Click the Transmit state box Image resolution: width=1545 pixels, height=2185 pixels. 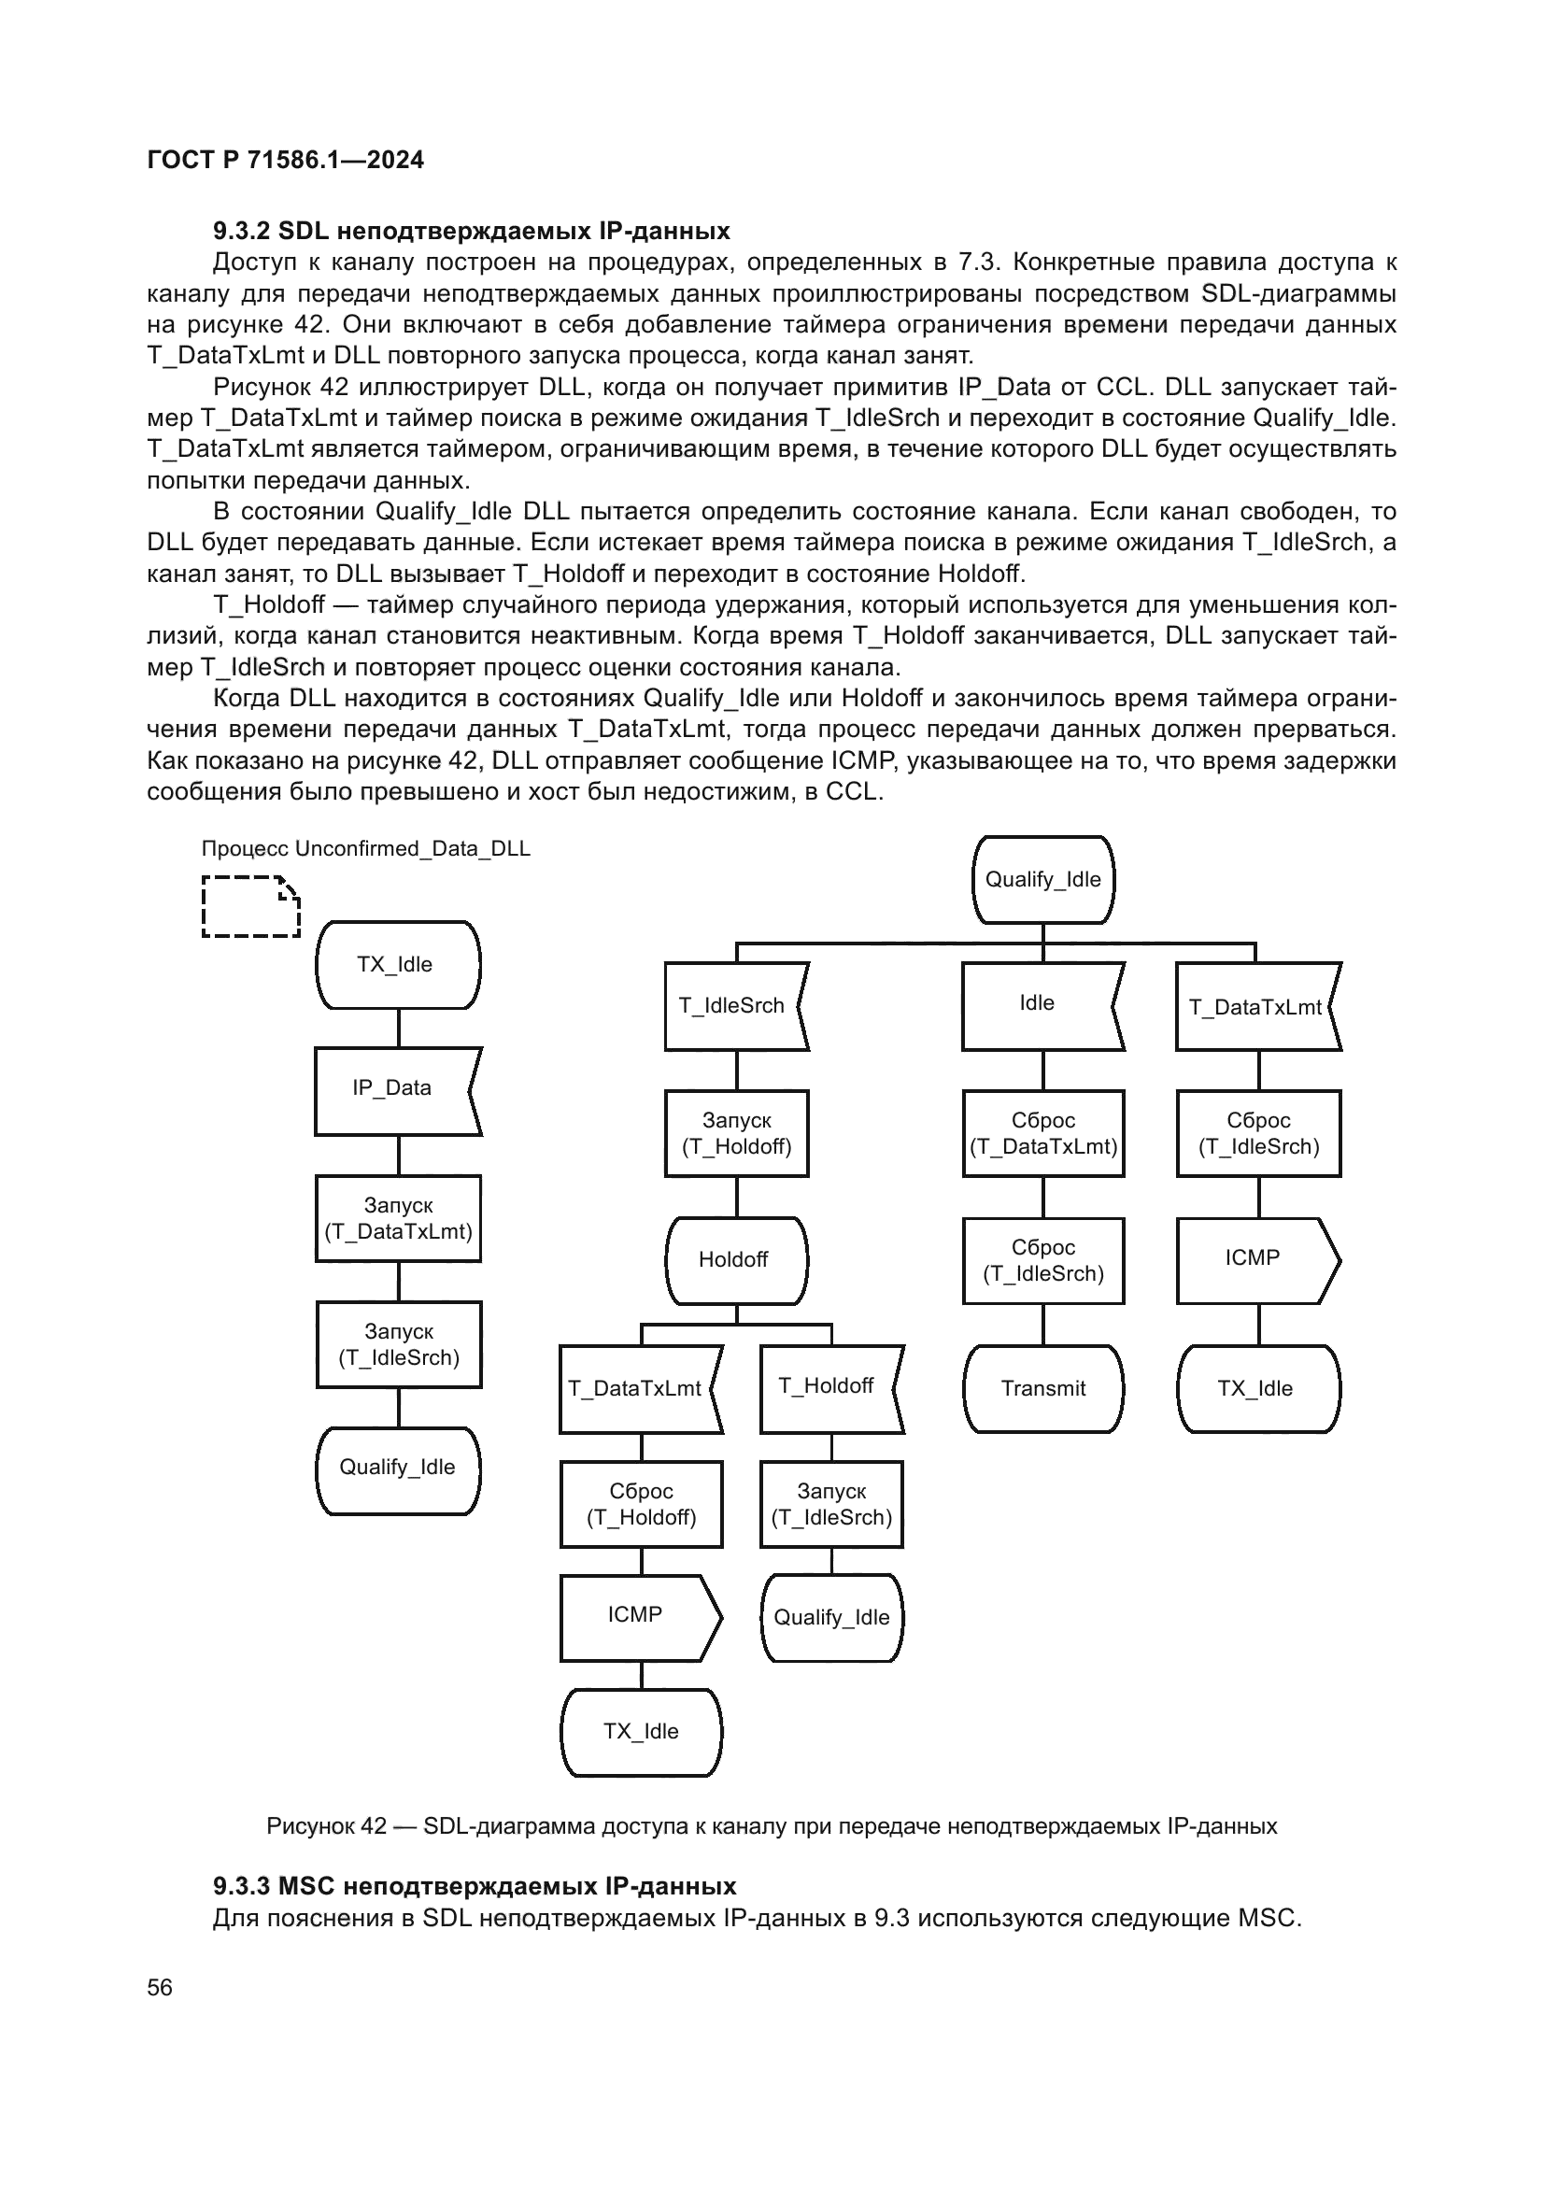1042,1387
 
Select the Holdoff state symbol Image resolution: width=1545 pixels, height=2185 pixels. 735,1260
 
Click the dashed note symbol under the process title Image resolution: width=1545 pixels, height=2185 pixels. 250,906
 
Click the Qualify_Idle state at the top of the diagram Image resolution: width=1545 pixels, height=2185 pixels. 1042,879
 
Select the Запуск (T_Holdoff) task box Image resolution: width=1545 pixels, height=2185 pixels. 735,1133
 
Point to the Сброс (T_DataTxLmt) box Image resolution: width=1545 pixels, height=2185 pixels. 1042,1133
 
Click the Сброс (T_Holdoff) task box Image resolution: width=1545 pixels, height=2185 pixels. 640,1505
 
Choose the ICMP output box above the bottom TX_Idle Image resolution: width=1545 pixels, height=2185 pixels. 638,1615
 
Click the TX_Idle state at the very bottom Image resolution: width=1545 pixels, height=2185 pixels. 640,1731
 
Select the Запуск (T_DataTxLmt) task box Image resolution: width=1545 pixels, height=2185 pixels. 398,1218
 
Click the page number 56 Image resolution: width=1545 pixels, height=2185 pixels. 160,1987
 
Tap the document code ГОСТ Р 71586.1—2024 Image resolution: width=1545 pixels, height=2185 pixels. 286,160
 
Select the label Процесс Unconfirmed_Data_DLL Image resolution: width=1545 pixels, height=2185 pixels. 365,849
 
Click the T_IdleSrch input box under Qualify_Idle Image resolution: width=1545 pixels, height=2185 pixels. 732,1006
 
